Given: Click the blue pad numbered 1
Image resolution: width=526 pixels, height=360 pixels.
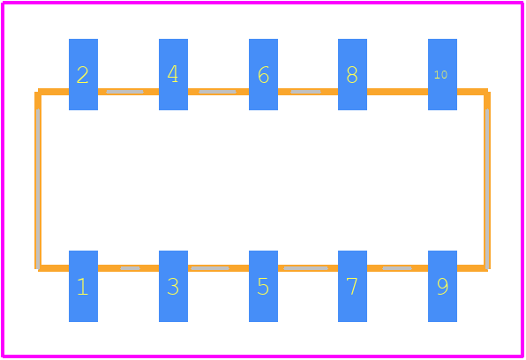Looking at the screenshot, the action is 83,286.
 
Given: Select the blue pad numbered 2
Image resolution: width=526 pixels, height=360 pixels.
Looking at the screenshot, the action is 83,74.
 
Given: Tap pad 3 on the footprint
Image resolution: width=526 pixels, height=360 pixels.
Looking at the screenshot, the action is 173,286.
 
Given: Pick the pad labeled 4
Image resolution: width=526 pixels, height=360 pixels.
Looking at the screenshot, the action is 173,74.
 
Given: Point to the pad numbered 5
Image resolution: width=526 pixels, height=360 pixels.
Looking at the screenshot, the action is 263,286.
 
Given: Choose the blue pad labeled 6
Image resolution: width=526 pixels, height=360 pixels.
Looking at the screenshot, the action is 263,74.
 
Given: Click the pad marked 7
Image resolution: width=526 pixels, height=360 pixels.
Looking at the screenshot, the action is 352,286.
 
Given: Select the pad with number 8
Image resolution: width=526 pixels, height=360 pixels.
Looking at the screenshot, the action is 352,74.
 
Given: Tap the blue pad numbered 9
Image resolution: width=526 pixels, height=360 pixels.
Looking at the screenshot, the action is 442,286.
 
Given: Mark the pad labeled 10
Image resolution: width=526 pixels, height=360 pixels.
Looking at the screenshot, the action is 442,74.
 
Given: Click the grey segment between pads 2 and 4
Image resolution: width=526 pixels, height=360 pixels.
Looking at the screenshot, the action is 124,92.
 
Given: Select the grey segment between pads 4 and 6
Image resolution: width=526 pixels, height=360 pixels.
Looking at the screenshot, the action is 217,92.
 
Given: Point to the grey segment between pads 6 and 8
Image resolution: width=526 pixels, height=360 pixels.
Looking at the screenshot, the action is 305,92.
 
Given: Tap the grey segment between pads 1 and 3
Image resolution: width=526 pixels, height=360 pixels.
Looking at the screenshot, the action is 130,268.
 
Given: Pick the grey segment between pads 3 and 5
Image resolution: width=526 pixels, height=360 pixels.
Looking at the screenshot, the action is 210,268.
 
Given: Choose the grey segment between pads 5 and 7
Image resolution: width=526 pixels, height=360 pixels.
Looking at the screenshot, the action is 305,268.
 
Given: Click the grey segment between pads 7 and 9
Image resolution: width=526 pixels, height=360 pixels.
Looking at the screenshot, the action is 397,268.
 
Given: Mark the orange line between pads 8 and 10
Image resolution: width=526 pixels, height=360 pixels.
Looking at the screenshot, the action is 397,92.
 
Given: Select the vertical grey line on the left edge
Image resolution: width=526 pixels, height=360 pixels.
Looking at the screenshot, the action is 38,189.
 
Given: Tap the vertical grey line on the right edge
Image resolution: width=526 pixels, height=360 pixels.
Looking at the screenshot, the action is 487,189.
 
